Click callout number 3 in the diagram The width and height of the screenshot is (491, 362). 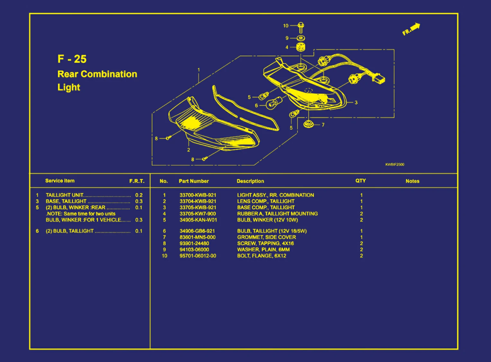(356, 102)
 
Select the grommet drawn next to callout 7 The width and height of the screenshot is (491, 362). (308, 124)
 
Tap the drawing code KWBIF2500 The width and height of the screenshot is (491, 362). (395, 164)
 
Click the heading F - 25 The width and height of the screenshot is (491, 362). (72, 59)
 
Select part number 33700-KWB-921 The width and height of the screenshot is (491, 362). (198, 195)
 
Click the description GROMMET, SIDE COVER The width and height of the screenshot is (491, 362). (266, 237)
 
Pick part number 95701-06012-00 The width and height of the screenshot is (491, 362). (198, 256)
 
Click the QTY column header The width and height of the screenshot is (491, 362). (361, 181)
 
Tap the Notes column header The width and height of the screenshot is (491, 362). (412, 181)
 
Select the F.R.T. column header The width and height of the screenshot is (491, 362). (137, 181)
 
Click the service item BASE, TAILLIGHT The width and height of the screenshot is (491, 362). (66, 201)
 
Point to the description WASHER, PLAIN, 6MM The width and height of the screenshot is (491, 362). (263, 250)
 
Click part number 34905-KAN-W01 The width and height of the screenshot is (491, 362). (198, 220)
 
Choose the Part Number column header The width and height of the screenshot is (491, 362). (194, 181)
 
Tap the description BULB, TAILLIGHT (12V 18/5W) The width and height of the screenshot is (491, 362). (272, 231)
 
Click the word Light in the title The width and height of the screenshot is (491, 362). (69, 87)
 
